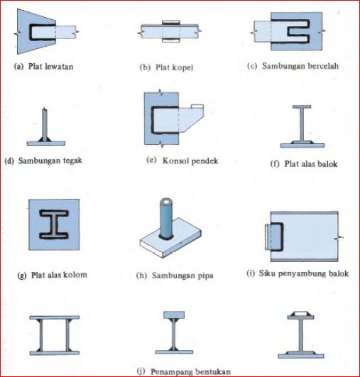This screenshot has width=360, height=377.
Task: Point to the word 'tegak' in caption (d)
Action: click(x=72, y=160)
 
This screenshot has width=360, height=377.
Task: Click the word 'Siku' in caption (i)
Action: click(x=267, y=273)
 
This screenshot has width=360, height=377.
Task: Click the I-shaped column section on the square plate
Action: click(x=54, y=224)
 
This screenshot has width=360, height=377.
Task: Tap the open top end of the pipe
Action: click(x=166, y=201)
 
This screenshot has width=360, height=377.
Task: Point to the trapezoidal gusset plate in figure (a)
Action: click(x=26, y=31)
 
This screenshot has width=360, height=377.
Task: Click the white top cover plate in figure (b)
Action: click(x=170, y=22)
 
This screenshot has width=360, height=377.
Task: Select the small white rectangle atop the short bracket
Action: click(x=197, y=106)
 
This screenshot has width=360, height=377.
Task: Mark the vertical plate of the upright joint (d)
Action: click(x=45, y=124)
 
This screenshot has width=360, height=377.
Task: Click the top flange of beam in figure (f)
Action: click(x=302, y=106)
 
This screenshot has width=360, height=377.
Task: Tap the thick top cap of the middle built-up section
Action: click(x=174, y=315)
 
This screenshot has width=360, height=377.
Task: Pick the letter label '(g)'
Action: click(x=21, y=275)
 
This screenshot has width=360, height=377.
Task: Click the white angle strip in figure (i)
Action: click(x=267, y=236)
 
